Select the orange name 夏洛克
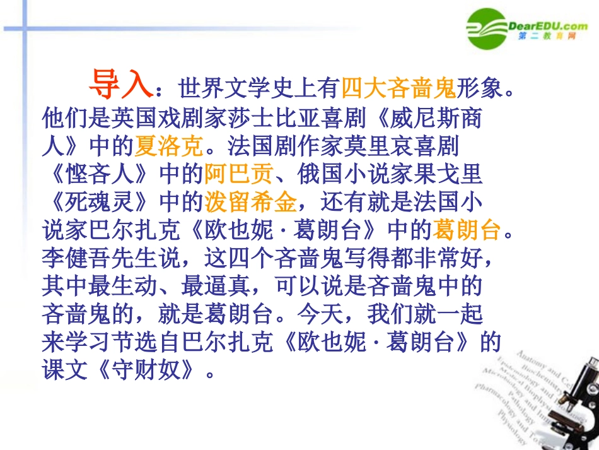(x=169, y=146)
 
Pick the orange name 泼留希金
(x=250, y=202)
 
